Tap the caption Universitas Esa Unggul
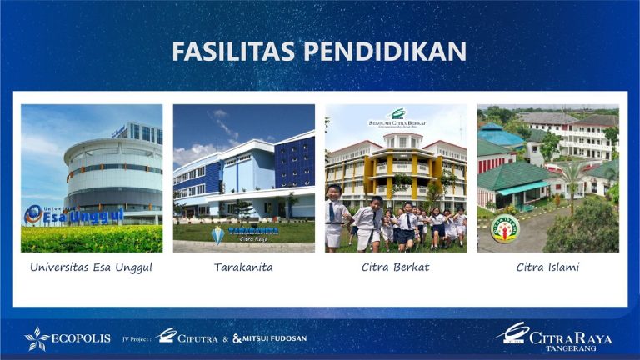click(91, 267)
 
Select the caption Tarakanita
click(243, 267)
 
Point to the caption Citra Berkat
click(396, 267)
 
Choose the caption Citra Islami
click(547, 267)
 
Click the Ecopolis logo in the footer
click(67, 337)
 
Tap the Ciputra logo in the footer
click(187, 337)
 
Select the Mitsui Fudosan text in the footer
click(270, 338)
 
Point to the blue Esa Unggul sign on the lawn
click(74, 215)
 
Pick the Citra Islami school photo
click(547, 177)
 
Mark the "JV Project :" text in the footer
click(137, 338)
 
